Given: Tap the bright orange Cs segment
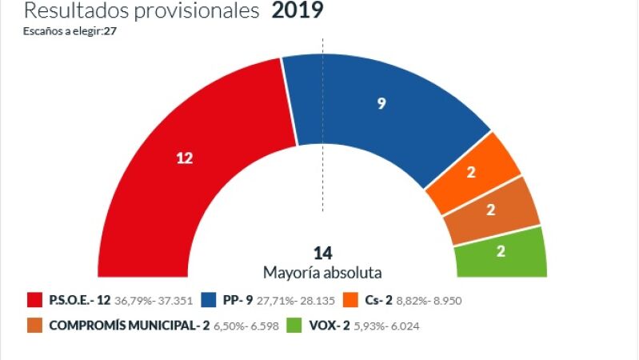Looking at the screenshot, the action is [x=473, y=173].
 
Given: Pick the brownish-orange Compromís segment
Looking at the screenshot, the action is [x=492, y=210].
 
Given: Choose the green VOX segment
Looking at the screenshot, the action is [x=501, y=252].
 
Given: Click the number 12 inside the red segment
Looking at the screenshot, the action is [x=184, y=158].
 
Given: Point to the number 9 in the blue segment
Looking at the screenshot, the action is [x=381, y=103].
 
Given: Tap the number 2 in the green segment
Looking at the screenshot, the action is [x=501, y=251].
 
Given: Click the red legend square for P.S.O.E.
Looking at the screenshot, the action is [x=34, y=300].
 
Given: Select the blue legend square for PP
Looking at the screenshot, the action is [x=209, y=300].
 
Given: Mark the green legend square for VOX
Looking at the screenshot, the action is [x=294, y=326].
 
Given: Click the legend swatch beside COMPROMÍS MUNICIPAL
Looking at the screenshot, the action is [x=34, y=326].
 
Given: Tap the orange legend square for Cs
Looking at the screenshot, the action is [x=350, y=300].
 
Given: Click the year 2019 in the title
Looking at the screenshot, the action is [x=298, y=10].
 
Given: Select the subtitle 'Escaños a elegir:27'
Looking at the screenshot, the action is [x=70, y=31].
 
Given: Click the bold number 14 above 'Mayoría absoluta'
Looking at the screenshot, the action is [x=323, y=253].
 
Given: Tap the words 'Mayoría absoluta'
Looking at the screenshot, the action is [x=322, y=273].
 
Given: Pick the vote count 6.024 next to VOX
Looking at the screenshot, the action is [x=405, y=326].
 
